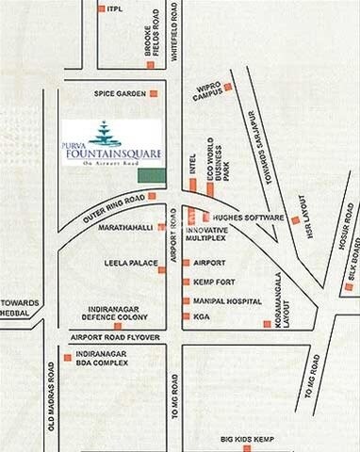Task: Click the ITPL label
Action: (x=116, y=8)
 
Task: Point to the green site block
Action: (x=149, y=174)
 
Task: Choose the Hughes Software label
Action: (x=249, y=217)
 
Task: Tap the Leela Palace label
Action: (x=125, y=264)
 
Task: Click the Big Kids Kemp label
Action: (x=248, y=440)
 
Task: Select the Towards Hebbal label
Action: (x=20, y=308)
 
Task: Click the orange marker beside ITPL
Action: (x=101, y=8)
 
